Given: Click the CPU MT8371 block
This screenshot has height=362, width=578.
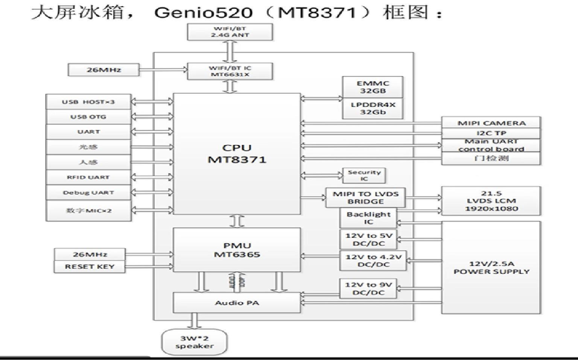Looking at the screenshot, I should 237,153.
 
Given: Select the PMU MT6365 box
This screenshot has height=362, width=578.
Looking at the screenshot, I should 237,250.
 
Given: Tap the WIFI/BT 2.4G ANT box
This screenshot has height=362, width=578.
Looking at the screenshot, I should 230,32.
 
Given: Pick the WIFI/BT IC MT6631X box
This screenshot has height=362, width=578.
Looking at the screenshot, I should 230,71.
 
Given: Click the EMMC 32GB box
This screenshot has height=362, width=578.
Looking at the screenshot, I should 373,87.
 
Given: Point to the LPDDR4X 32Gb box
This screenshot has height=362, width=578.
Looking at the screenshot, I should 373,108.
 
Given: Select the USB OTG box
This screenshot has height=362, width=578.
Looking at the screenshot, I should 88,117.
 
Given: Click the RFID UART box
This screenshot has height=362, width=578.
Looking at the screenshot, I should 88,177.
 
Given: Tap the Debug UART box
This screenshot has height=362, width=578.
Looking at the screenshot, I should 88,193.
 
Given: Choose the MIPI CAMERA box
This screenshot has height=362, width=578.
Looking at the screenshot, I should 491,123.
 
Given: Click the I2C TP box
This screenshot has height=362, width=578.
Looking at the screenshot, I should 491,133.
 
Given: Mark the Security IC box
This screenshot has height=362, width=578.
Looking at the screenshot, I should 364,175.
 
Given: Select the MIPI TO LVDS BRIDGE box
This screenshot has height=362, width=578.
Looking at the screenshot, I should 365,198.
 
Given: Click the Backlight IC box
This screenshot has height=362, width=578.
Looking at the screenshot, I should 368,218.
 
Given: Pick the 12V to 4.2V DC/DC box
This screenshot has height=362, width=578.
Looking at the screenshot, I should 373,261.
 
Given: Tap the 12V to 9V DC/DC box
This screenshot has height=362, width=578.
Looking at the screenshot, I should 368,288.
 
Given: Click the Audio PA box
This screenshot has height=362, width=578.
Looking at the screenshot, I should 237,303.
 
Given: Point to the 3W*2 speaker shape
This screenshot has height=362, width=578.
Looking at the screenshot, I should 194,342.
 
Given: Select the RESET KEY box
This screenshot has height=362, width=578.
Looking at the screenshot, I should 90,267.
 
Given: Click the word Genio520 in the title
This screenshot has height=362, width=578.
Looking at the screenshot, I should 203,13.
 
